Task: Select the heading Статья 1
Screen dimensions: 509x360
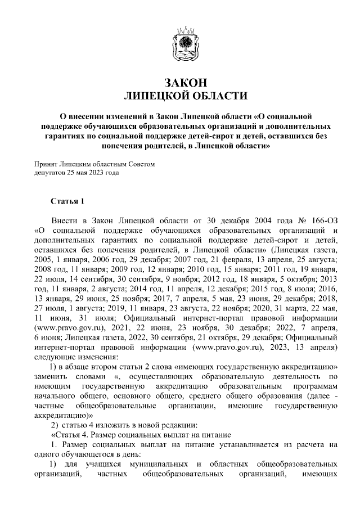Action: (67, 200)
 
